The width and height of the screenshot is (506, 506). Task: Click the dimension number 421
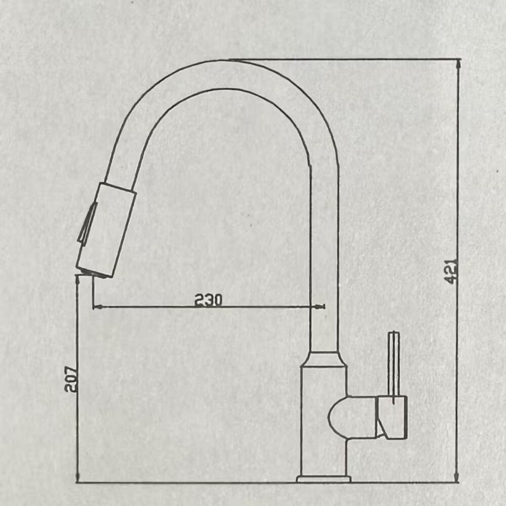point(452,271)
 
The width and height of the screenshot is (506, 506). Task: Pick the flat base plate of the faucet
point(323,479)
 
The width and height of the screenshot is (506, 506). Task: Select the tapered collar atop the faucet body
point(324,359)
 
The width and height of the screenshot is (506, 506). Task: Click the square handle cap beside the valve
point(392,417)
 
